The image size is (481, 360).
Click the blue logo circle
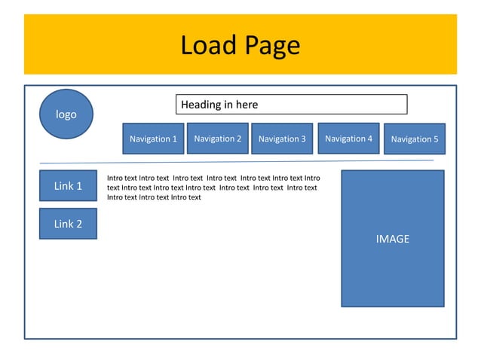[x=66, y=114]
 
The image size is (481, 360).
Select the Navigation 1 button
[x=153, y=139]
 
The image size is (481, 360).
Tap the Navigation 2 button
[x=217, y=138]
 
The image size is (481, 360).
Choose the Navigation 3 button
[x=281, y=139]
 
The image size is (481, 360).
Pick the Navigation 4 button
[x=348, y=138]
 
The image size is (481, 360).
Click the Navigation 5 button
[x=414, y=139]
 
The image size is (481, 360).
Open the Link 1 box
[x=68, y=185]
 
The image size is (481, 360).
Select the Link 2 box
[x=68, y=224]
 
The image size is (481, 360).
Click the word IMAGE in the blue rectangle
[x=392, y=239]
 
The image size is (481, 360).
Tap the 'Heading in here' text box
[x=292, y=105]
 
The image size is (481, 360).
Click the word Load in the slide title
[x=207, y=46]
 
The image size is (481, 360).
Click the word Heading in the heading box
[x=201, y=105]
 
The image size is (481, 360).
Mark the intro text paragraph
[x=212, y=188]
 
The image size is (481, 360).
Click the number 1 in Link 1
[x=79, y=185]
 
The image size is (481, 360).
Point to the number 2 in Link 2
[x=79, y=224]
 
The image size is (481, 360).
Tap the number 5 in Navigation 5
[x=435, y=139]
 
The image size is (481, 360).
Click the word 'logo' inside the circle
[x=66, y=114]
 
